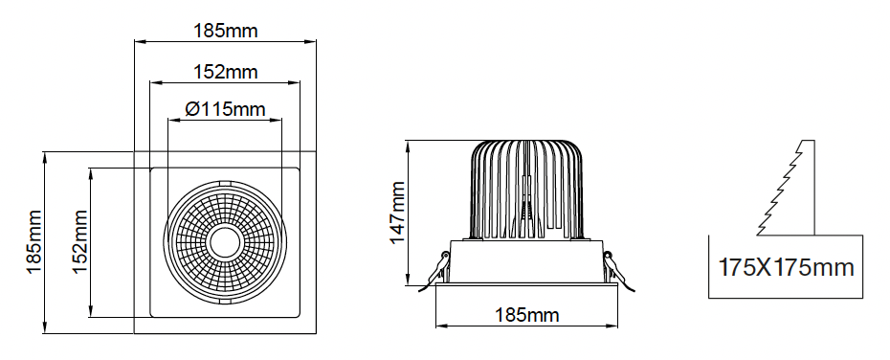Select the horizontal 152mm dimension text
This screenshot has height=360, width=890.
click(x=226, y=72)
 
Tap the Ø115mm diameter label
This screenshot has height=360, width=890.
click(x=225, y=108)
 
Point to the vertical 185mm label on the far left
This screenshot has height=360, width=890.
click(x=34, y=242)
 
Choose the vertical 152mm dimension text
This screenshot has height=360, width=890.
click(x=80, y=242)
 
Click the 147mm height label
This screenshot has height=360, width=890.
click(x=397, y=213)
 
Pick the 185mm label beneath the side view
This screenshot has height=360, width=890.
click(x=526, y=315)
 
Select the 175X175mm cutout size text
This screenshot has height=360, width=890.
click(x=786, y=267)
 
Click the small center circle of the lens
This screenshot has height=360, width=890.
click(x=225, y=242)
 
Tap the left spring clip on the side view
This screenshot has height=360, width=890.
click(x=434, y=271)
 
